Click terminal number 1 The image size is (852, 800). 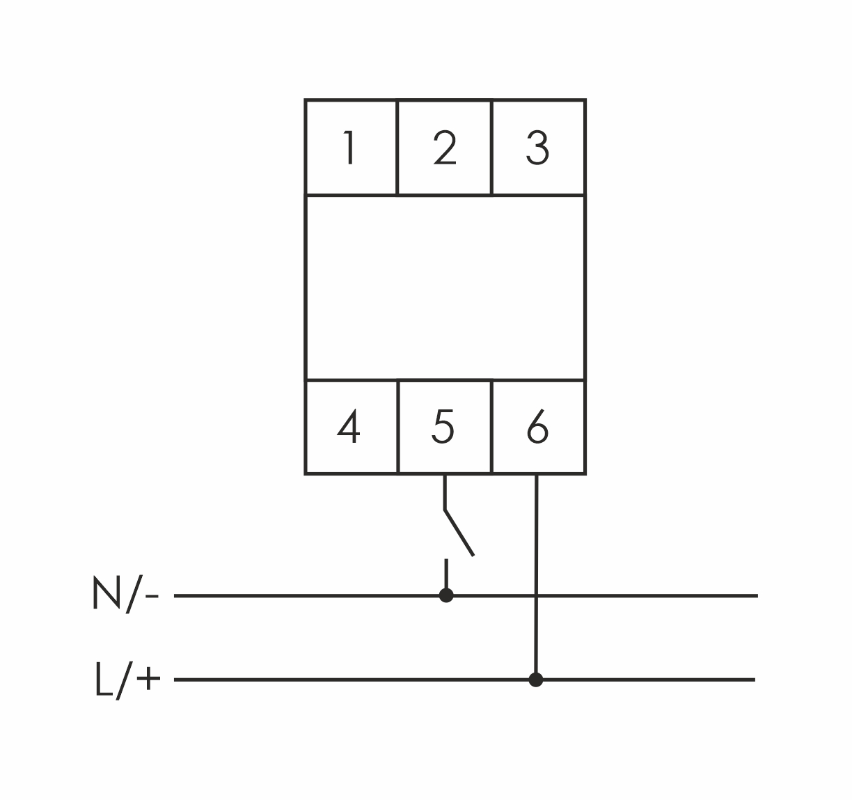[x=349, y=148]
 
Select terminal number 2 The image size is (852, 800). [x=444, y=148]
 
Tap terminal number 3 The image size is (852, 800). [x=537, y=148]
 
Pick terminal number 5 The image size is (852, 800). [x=443, y=428]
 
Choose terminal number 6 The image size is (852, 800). [x=537, y=428]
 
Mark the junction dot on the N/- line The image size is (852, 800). [x=446, y=595]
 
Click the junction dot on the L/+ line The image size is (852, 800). [x=535, y=680]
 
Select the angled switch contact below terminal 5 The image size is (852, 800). [x=459, y=533]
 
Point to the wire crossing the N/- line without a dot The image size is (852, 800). [x=536, y=595]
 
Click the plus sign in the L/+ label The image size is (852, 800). [x=148, y=680]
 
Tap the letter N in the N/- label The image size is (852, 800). [x=105, y=594]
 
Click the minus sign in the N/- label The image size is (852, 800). [x=153, y=597]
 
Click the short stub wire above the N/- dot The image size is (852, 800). [x=446, y=574]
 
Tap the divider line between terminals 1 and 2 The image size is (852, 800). [x=397, y=148]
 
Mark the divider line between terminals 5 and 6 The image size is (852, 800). [x=491, y=427]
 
